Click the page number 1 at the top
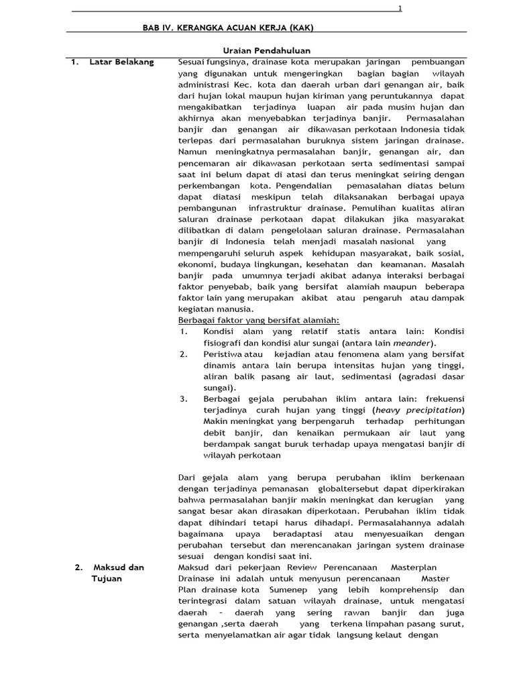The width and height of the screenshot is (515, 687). click(400, 8)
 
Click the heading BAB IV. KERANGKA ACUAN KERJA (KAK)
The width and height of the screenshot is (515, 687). click(228, 28)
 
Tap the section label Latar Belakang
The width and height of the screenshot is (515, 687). click(121, 62)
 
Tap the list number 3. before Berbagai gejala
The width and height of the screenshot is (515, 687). click(184, 399)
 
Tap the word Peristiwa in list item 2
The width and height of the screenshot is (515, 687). click(223, 354)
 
